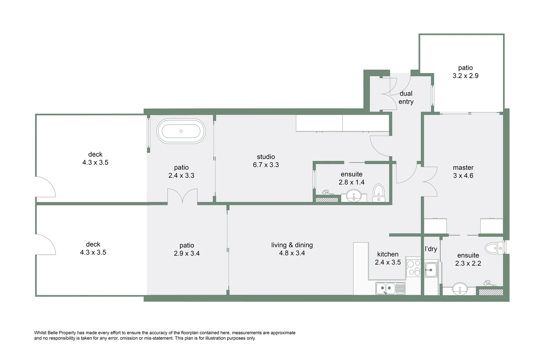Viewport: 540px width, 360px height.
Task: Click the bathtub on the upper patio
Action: pos(181,131)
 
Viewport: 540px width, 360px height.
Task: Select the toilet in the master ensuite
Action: pos(494,248)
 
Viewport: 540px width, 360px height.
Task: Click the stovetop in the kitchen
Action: pos(413,267)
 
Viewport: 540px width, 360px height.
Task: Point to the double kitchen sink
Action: pos(390,288)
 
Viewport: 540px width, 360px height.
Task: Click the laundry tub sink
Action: pos(431,270)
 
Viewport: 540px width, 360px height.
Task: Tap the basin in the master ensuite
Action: pos(460,289)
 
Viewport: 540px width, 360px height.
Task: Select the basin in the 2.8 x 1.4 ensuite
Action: pos(354,196)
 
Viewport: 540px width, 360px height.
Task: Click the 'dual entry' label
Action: pos(406,98)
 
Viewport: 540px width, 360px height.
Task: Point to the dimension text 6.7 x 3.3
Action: pos(266,165)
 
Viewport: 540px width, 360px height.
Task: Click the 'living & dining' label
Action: pos(292,245)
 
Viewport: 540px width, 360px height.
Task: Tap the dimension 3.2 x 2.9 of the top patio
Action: pos(465,76)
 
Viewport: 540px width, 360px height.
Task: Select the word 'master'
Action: pos(463,168)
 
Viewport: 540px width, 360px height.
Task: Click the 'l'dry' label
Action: pos(431,249)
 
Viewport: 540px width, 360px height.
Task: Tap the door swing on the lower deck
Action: pos(46,244)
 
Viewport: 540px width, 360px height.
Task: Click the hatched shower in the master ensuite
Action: pos(490,292)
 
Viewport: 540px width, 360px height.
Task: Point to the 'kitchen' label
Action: pos(388,254)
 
